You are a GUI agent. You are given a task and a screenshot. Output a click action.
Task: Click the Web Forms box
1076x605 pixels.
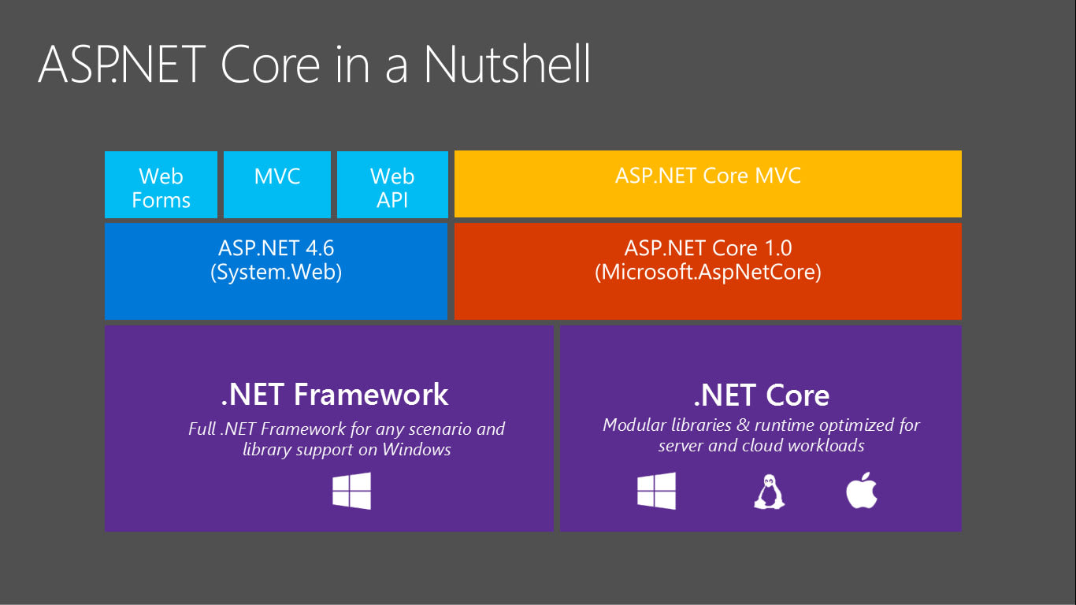(161, 185)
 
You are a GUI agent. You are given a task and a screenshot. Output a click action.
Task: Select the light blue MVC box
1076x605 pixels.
(277, 184)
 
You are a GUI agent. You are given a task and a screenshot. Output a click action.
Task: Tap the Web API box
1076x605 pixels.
(392, 185)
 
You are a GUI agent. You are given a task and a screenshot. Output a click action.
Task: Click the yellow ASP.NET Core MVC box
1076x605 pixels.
(707, 184)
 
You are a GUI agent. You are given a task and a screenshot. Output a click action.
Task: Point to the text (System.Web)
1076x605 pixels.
(276, 273)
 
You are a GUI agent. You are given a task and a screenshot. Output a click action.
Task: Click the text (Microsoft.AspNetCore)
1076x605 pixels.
(707, 273)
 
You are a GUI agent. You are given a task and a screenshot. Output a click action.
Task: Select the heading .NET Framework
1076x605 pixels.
(335, 394)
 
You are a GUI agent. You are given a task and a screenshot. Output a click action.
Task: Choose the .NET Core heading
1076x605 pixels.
(761, 395)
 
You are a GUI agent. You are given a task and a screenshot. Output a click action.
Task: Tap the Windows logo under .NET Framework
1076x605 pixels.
(351, 491)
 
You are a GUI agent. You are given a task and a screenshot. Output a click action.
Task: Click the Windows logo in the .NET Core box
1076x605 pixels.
(656, 491)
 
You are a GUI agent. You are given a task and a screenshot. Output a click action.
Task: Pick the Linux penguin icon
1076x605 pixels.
(769, 492)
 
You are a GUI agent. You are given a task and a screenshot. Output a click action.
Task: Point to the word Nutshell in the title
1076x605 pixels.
(507, 65)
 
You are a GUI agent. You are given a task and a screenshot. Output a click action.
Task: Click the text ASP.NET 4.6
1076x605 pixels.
(276, 248)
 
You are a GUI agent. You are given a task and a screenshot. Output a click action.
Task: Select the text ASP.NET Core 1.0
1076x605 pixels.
(707, 248)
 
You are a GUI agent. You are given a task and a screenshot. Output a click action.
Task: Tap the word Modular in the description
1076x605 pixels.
(635, 425)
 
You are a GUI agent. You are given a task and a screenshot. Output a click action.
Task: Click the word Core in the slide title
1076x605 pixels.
(270, 65)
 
